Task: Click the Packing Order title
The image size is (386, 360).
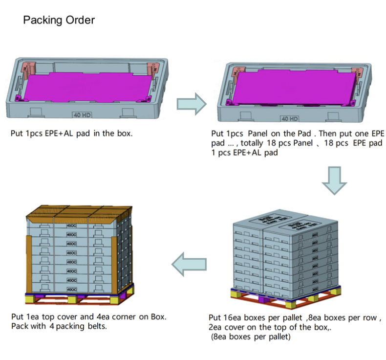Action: tap(59, 20)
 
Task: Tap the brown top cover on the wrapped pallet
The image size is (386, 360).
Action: tap(78, 211)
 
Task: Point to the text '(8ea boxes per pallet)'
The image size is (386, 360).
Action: tap(251, 337)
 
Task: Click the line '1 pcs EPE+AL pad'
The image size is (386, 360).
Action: tap(244, 152)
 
